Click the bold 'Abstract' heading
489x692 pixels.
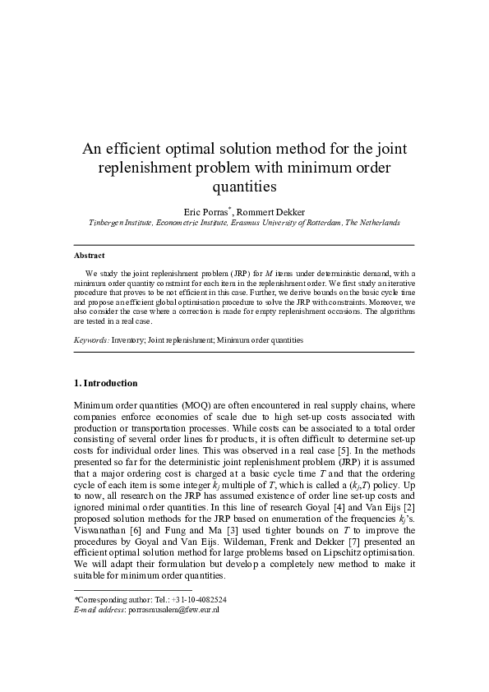tap(90, 256)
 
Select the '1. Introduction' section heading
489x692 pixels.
tap(106, 384)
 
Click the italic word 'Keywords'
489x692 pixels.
tap(91, 339)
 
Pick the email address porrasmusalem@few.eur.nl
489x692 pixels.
tap(173, 611)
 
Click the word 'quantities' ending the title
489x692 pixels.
tap(244, 187)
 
